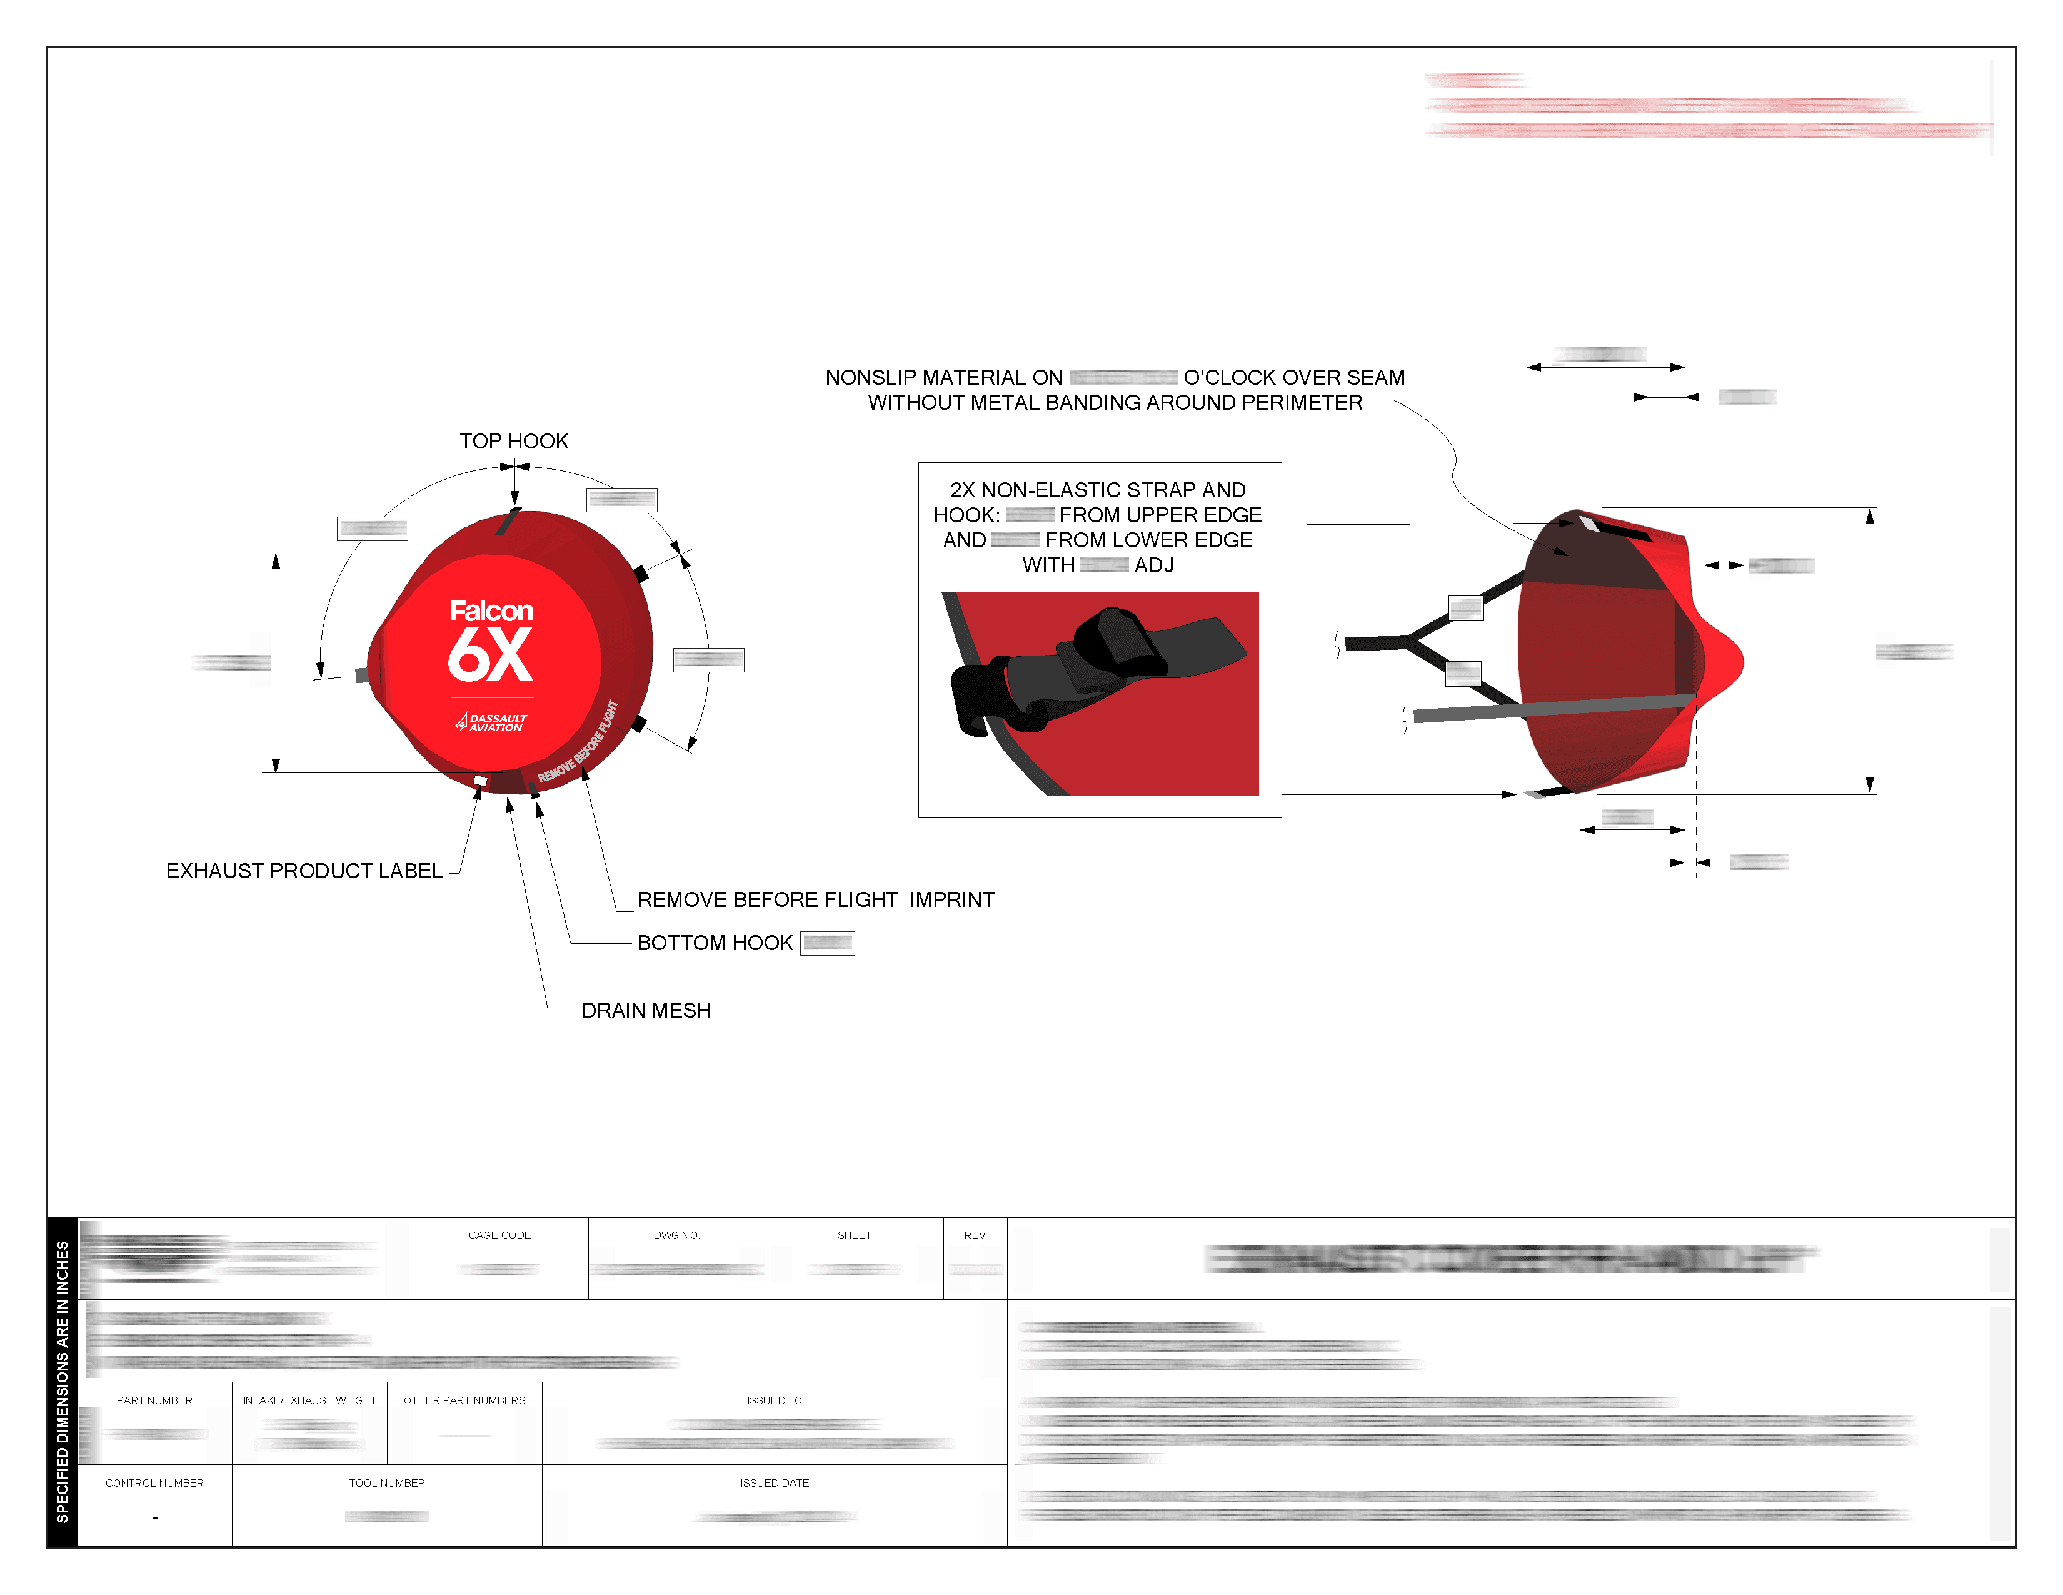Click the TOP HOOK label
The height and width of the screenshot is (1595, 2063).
[x=514, y=441]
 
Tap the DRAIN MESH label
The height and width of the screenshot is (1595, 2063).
[x=646, y=1010]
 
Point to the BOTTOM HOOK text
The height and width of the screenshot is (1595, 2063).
[x=715, y=943]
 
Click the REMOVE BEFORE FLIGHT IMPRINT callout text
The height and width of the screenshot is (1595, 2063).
[x=815, y=899]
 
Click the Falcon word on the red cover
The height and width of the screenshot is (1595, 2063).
[x=491, y=611]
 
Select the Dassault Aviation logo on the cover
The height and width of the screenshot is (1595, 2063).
[x=491, y=723]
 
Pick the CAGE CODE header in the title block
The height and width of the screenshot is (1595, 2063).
[x=499, y=1235]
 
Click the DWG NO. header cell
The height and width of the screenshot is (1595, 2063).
[x=676, y=1235]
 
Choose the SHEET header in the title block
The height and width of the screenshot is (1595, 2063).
[x=854, y=1235]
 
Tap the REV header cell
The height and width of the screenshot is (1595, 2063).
[x=974, y=1235]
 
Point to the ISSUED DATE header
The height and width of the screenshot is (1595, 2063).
[x=774, y=1482]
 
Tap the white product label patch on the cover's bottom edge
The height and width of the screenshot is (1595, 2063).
[x=480, y=781]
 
